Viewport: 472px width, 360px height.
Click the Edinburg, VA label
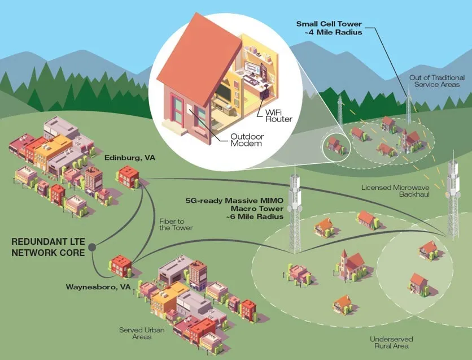point(129,159)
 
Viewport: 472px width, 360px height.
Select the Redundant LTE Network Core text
point(48,247)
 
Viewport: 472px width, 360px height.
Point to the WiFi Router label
point(278,116)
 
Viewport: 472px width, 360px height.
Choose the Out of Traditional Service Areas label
point(438,81)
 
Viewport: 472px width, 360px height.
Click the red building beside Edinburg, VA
point(128,176)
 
